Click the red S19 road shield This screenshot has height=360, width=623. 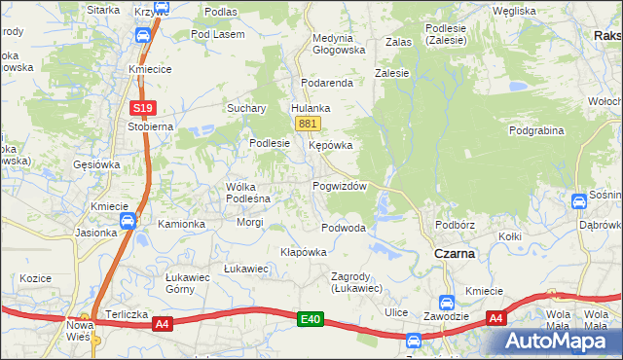click(x=143, y=108)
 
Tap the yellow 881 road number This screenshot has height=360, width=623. click(x=308, y=124)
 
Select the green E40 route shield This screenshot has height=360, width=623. click(x=311, y=318)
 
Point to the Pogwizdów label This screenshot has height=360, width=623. click(x=339, y=186)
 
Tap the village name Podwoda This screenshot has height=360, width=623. click(x=344, y=228)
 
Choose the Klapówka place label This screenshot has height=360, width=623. click(x=303, y=252)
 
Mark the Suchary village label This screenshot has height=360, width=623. click(x=247, y=109)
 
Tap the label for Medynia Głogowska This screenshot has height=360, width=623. click(x=338, y=44)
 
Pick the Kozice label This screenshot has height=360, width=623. click(x=34, y=278)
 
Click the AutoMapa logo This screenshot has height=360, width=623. click(x=560, y=341)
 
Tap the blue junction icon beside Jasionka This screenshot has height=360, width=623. click(x=128, y=222)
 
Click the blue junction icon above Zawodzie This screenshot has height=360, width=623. click(x=447, y=302)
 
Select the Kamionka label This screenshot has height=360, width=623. click(x=182, y=224)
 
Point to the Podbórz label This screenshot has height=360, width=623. click(x=455, y=224)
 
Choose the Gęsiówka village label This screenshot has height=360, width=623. click(x=96, y=164)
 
